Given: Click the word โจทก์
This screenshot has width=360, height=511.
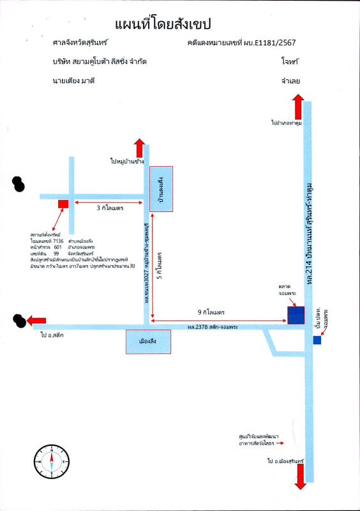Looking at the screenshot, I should coord(290,63).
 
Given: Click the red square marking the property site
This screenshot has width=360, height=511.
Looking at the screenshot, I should coord(63,204).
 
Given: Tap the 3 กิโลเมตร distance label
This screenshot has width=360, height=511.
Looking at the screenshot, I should coord(110,208).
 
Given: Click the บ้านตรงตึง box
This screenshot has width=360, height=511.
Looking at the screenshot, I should coord(161,189).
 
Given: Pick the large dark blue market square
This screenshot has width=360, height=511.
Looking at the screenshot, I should coord(296,316).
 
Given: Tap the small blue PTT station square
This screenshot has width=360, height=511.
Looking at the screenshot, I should coord(317,340).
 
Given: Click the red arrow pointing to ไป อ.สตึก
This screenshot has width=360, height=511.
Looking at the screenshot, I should coord(36,320).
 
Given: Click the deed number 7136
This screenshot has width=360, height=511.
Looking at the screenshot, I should coord(59,240).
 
